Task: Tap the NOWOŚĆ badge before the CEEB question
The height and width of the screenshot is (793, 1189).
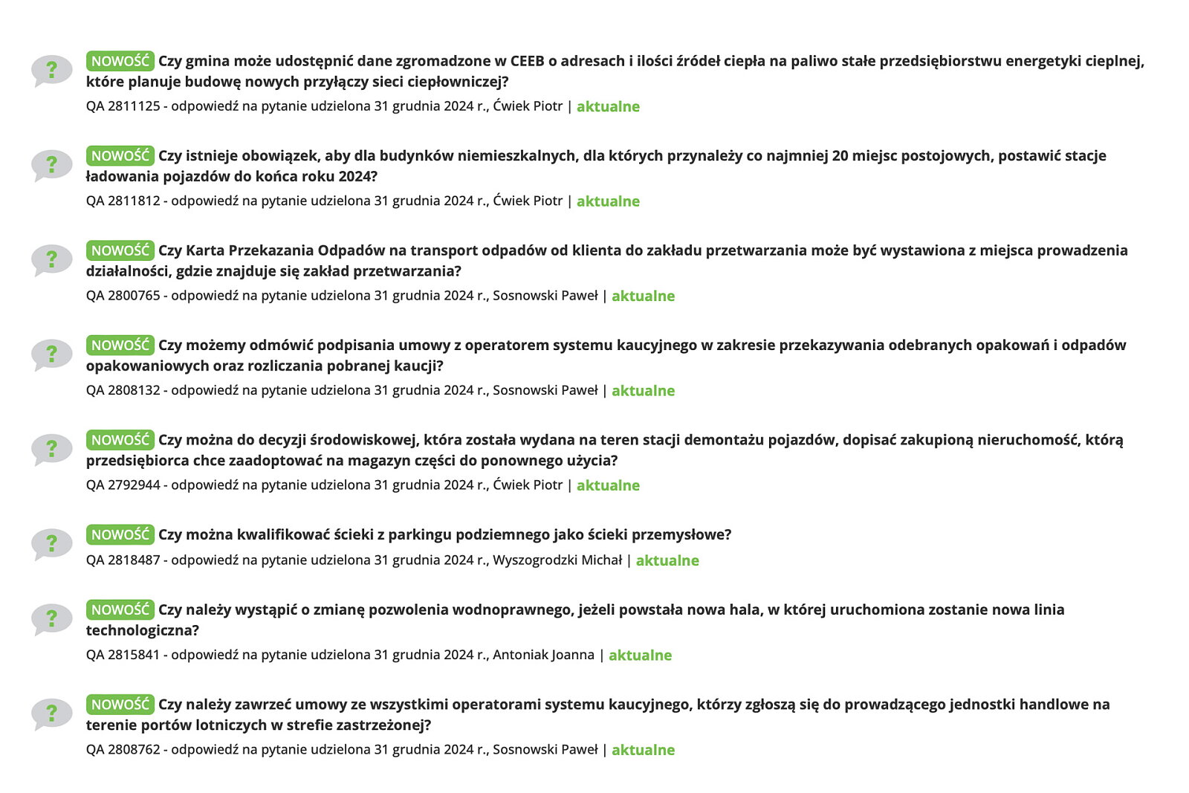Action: pos(120,61)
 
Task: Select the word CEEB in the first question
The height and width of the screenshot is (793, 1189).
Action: pos(527,61)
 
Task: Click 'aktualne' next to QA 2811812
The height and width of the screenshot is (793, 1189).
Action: pos(608,201)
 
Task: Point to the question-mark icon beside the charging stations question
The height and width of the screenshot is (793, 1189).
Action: pos(51,165)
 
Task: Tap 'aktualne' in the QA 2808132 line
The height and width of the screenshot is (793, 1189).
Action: pos(643,391)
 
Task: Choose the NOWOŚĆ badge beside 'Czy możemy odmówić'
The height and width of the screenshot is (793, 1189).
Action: pos(120,346)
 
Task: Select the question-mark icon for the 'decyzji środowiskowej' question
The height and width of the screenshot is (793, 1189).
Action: pos(51,449)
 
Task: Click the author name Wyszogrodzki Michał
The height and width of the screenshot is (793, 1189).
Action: pos(557,560)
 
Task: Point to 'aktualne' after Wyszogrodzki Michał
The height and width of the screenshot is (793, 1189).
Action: pos(667,560)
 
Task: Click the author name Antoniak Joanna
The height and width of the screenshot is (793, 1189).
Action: pos(543,655)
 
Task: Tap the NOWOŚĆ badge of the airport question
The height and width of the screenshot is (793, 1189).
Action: pos(120,705)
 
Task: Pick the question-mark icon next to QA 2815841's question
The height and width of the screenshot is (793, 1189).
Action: pos(51,619)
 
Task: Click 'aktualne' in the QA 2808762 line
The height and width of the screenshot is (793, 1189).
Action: pos(643,750)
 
